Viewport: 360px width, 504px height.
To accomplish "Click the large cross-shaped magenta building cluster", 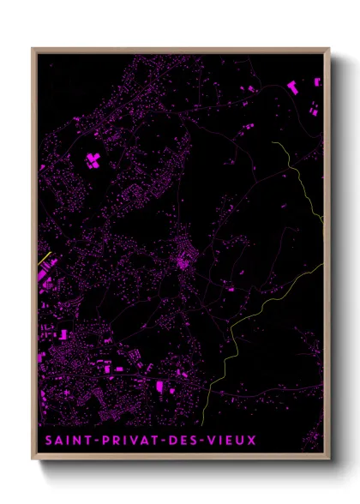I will point(93,159).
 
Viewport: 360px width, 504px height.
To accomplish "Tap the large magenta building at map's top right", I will point(293,87).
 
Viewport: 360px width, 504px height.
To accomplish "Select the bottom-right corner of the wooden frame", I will point(329,461).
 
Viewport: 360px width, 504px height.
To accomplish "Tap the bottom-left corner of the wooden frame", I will point(33,461).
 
